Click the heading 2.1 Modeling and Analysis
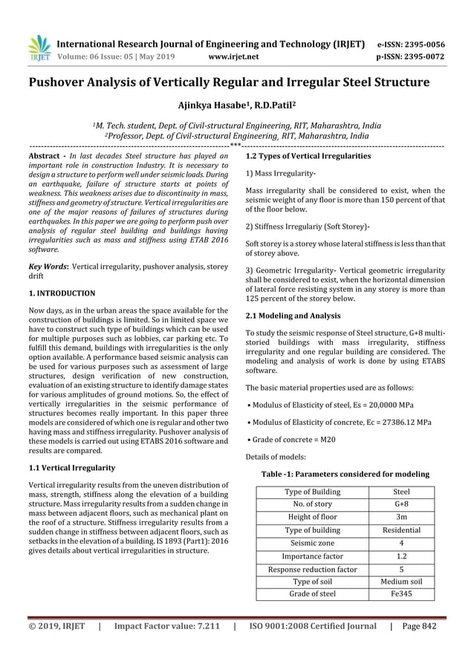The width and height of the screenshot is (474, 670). [x=294, y=316]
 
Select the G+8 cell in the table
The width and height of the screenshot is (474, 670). [x=400, y=504]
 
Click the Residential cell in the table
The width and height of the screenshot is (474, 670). [x=400, y=530]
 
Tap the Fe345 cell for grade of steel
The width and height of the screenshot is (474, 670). [x=400, y=593]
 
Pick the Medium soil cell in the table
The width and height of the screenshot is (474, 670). [x=400, y=581]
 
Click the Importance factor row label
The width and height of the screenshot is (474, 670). [x=312, y=556]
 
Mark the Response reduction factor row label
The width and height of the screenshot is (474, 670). [x=312, y=569]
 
